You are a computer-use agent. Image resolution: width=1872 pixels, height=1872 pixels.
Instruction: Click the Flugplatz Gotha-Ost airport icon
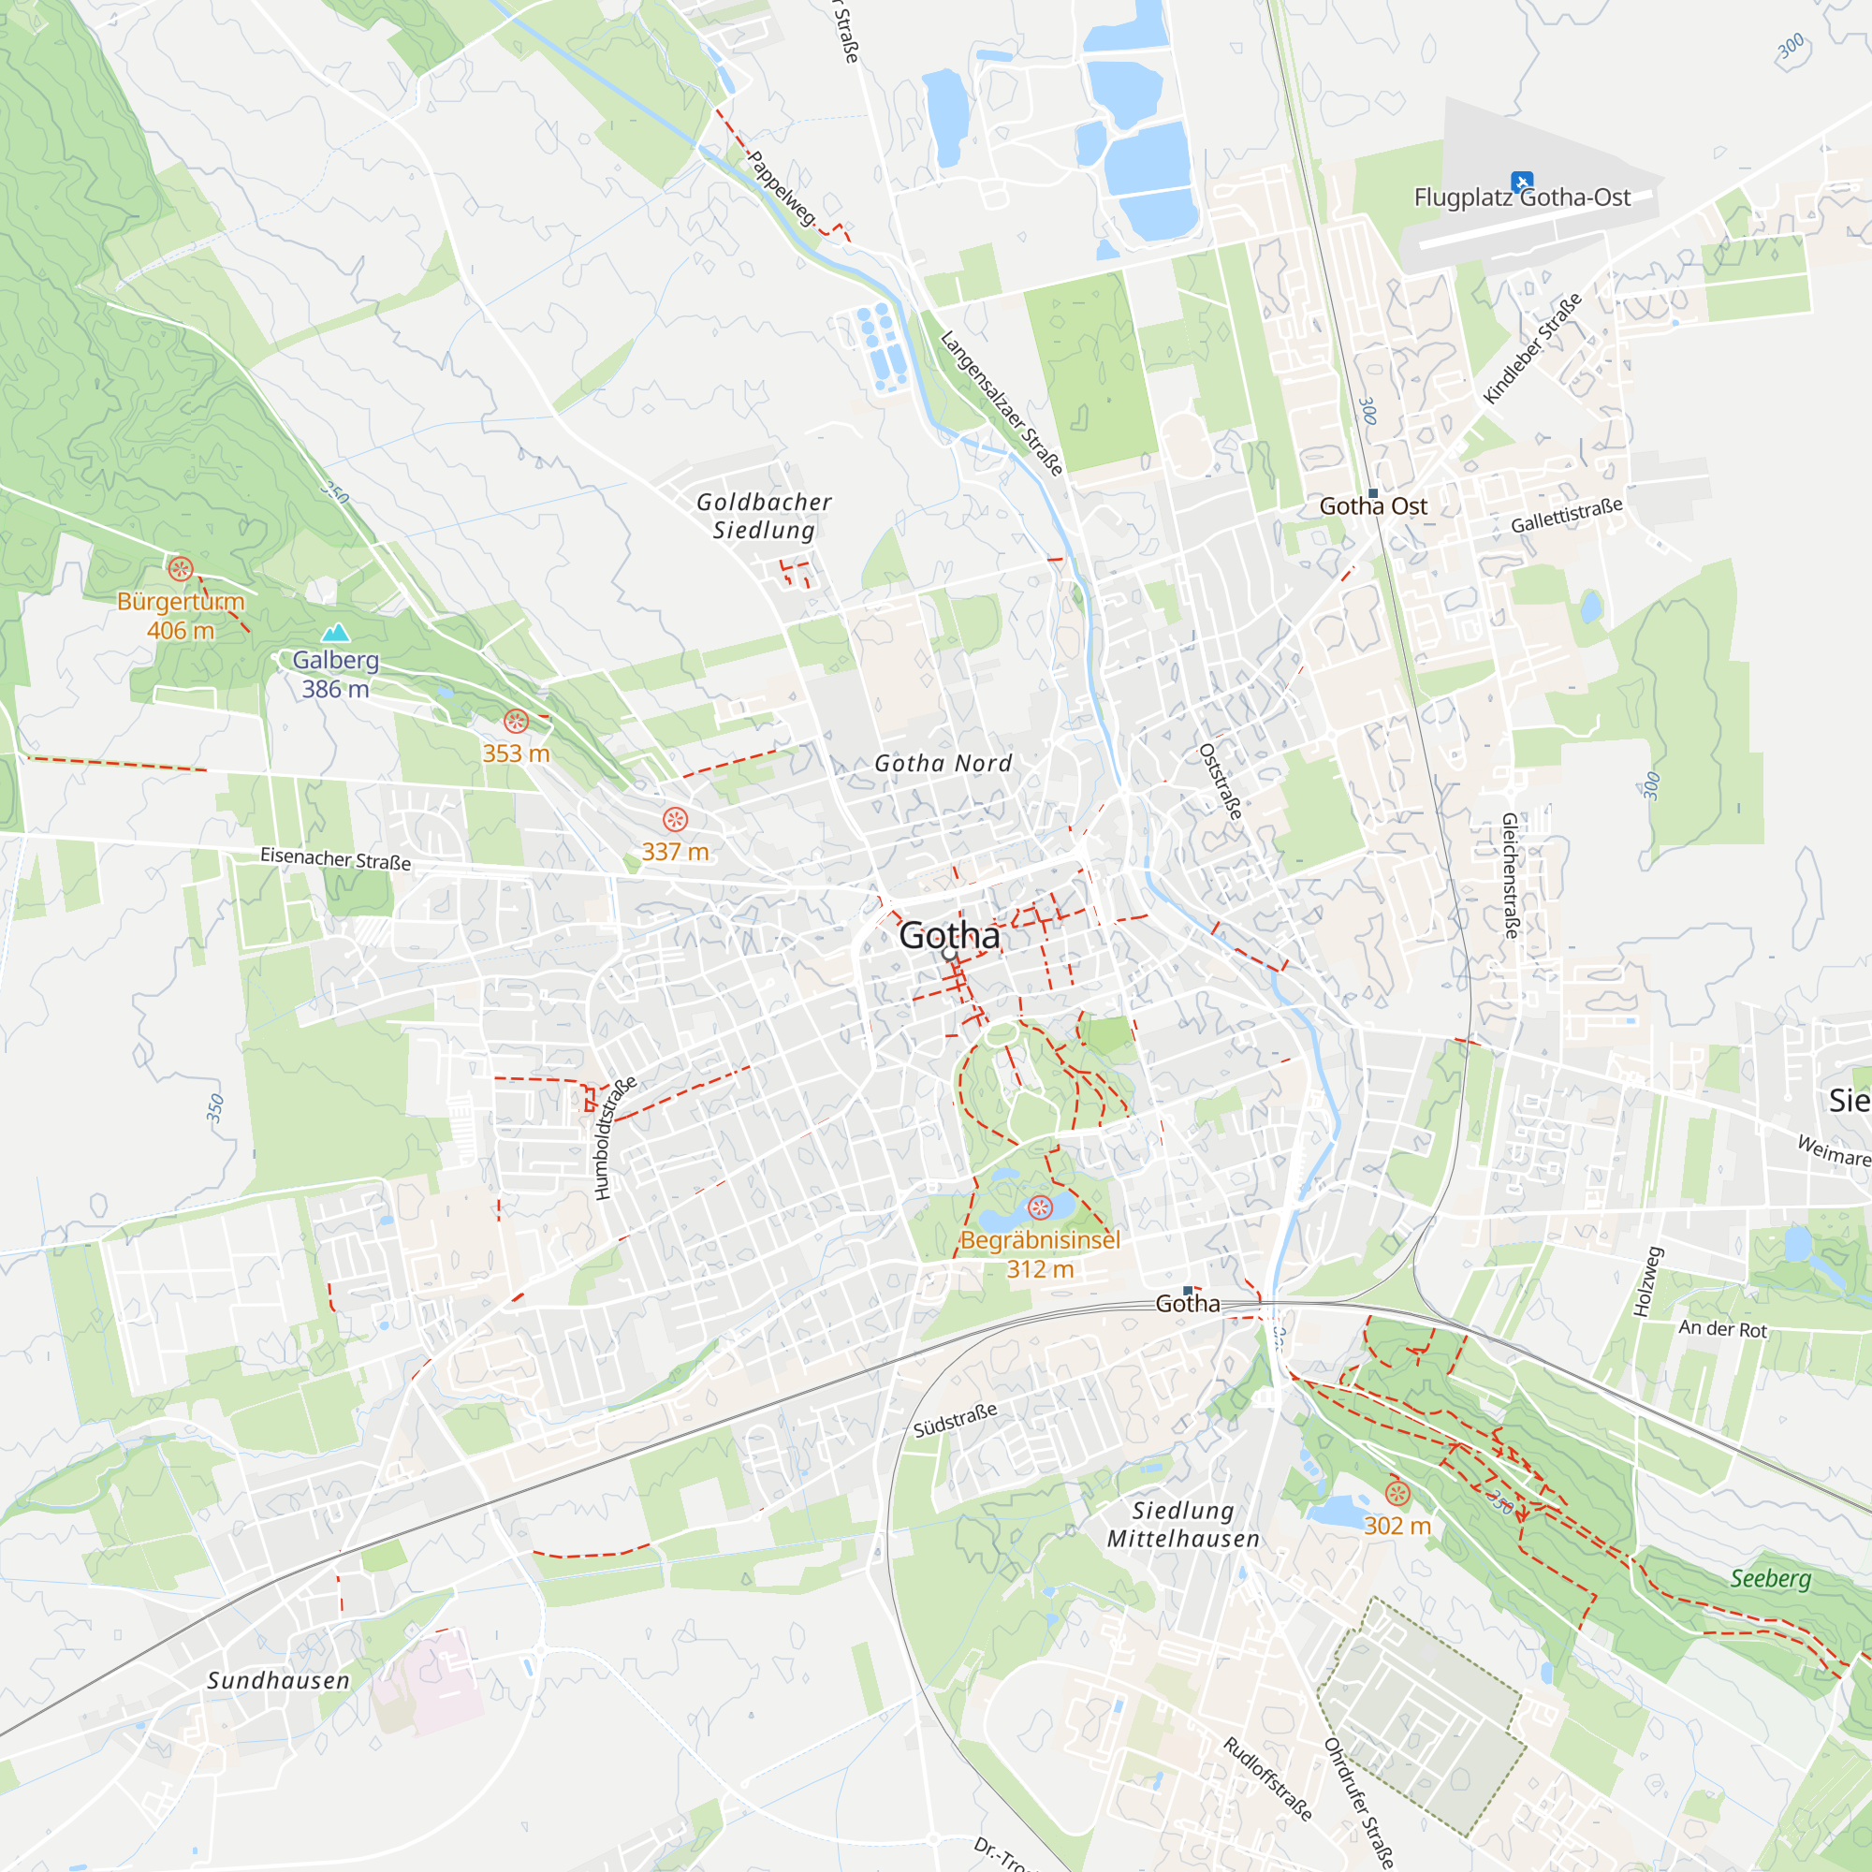click(1521, 182)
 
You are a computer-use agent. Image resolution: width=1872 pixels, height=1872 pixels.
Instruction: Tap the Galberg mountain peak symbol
click(335, 633)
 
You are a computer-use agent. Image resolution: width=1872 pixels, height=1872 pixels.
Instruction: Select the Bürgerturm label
click(181, 602)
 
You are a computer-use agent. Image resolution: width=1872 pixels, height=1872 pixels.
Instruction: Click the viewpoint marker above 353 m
click(516, 721)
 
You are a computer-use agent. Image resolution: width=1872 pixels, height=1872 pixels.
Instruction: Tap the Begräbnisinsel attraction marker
click(1040, 1207)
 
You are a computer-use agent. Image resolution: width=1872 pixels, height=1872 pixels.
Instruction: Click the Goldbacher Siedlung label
click(764, 516)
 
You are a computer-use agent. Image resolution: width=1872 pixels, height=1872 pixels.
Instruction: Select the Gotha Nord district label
click(943, 764)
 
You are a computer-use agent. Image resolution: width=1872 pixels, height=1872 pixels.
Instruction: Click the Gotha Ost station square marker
click(1372, 493)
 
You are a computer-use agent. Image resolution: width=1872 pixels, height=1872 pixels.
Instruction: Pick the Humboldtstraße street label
click(615, 1137)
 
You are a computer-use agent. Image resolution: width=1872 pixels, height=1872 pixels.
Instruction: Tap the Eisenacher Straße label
click(335, 858)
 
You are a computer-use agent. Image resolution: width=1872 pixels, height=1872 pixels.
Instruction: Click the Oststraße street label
click(1221, 781)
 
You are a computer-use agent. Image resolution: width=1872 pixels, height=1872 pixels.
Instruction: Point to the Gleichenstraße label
click(1510, 875)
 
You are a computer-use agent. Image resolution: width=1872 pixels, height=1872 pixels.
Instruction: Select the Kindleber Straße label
click(1532, 348)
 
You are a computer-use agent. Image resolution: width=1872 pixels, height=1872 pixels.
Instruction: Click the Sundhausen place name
click(278, 1681)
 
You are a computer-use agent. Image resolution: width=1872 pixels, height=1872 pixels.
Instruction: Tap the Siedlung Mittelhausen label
click(1183, 1525)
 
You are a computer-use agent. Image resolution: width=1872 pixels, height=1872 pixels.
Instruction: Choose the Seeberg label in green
click(1770, 1578)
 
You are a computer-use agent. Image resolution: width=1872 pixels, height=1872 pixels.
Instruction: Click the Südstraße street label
click(955, 1421)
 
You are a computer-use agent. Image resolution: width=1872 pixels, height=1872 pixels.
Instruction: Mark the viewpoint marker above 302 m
click(1397, 1492)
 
